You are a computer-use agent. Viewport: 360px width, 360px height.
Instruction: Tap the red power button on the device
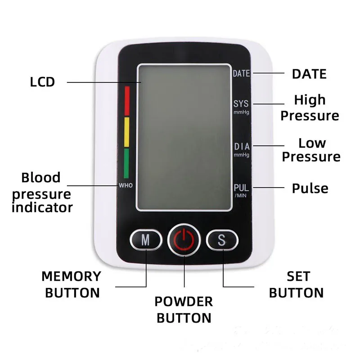pos(184,240)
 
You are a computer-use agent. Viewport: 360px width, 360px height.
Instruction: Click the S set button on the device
pos(221,240)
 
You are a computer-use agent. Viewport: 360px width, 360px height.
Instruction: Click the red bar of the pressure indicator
pos(127,101)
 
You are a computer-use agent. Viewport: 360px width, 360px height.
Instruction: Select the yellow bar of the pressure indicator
pos(127,132)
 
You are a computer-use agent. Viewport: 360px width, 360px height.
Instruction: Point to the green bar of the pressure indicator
pos(127,163)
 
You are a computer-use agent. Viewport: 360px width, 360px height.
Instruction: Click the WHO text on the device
pos(126,185)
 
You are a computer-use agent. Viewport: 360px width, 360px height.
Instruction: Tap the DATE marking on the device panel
pos(242,74)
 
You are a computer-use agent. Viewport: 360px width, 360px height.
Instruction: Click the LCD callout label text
pos(42,82)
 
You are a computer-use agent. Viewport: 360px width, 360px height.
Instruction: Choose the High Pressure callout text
pos(310,108)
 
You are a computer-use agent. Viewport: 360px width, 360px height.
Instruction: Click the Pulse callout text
pos(310,188)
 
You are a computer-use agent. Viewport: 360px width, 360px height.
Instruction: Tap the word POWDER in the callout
pos(184,301)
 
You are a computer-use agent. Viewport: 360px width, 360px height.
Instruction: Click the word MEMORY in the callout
pos(72,276)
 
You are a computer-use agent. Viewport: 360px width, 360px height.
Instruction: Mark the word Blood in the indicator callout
pos(41,177)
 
